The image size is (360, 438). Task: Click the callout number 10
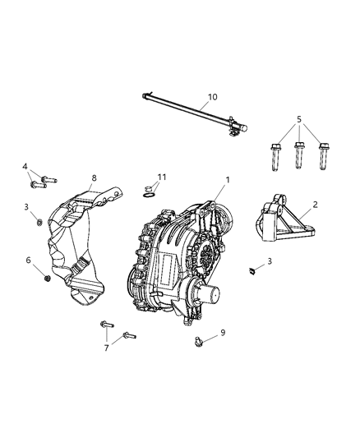point(212,97)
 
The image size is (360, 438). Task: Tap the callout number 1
point(228,179)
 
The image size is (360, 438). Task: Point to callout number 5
point(299,118)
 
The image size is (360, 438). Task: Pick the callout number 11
point(162,177)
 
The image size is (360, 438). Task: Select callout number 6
point(30,260)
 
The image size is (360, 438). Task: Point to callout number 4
point(25,167)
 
